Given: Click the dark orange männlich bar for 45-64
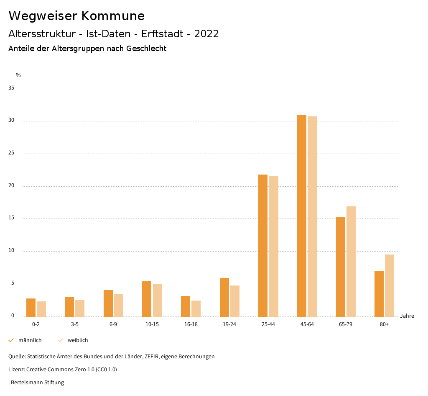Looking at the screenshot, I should (x=301, y=216).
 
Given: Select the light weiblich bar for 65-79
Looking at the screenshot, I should (x=351, y=261).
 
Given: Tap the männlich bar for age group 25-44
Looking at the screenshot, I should (x=263, y=245).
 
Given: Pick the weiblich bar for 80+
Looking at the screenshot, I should (x=390, y=285).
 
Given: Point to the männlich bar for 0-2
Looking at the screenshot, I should (x=31, y=308).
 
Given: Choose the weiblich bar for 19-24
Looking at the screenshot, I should (x=235, y=301).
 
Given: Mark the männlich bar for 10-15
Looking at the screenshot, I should (x=147, y=299).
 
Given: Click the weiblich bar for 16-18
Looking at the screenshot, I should (x=196, y=309).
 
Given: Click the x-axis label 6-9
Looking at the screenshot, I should (x=113, y=324).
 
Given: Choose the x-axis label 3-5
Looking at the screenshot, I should (x=74, y=324).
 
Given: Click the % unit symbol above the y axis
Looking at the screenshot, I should (x=18, y=75).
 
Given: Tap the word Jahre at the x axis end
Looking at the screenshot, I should (x=407, y=316).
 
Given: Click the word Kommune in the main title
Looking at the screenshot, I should (x=113, y=16).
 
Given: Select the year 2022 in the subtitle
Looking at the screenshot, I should (x=206, y=34).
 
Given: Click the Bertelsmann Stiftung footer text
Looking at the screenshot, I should (x=37, y=383).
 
